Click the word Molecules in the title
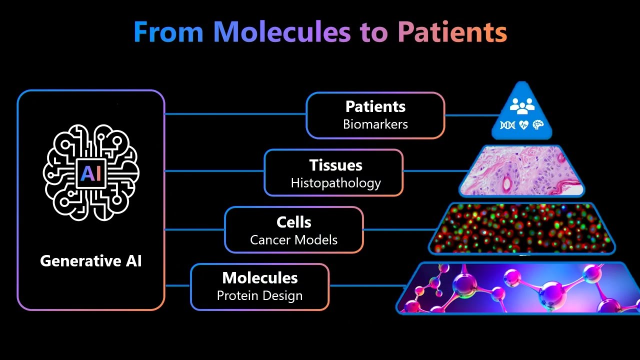pos(282,32)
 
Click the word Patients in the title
pos(452,32)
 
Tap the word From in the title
pos(168,32)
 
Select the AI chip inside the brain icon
pos(91,173)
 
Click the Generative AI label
pos(91,261)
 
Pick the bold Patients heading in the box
pos(375,106)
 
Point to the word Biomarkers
pos(375,124)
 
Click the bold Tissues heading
pos(335,165)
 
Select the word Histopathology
pos(335,183)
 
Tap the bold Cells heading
pos(294,222)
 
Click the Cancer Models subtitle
pos(294,240)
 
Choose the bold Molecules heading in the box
pos(260,277)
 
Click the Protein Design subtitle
pos(260,295)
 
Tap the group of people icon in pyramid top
pos(522,106)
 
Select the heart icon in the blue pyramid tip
pos(523,125)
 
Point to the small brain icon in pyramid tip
pos(538,125)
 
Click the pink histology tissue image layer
pos(521,170)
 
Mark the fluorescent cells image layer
pos(521,228)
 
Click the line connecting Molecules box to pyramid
pos(367,286)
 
